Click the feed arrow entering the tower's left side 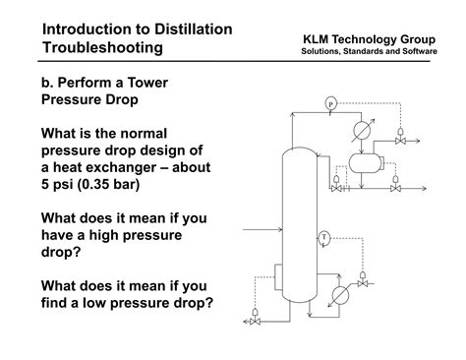click(x=262, y=230)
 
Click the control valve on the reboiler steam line click(x=363, y=280)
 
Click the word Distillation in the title click(x=194, y=30)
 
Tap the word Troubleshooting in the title click(x=102, y=47)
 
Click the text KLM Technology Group click(x=369, y=39)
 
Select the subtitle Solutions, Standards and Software click(x=369, y=51)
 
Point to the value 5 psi click(x=57, y=184)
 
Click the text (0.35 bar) click(x=108, y=184)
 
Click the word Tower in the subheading click(x=147, y=83)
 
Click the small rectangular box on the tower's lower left click(x=278, y=277)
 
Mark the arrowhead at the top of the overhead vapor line click(x=292, y=114)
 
